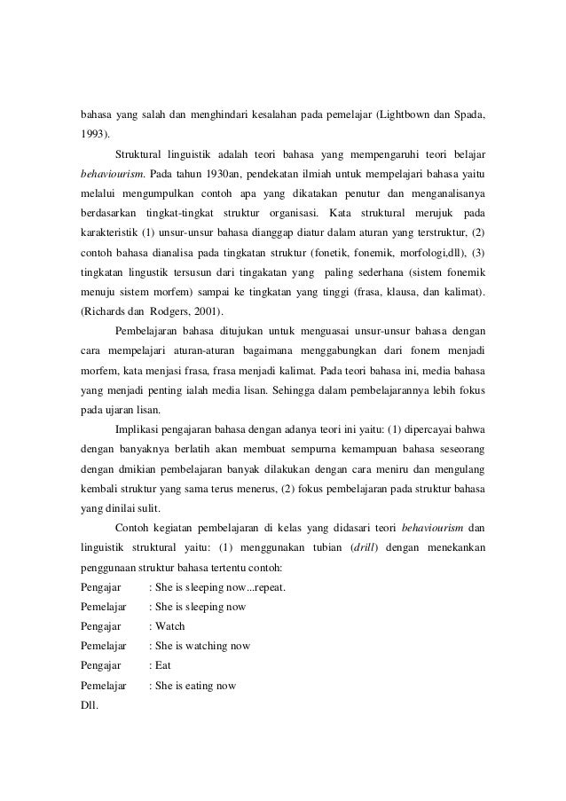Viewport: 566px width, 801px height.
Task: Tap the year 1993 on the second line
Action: pyautogui.click(x=92, y=134)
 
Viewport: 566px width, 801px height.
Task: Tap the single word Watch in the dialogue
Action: pyautogui.click(x=169, y=626)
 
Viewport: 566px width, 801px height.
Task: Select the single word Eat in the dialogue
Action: pyautogui.click(x=163, y=665)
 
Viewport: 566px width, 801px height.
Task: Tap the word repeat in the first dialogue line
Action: pyautogui.click(x=271, y=587)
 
